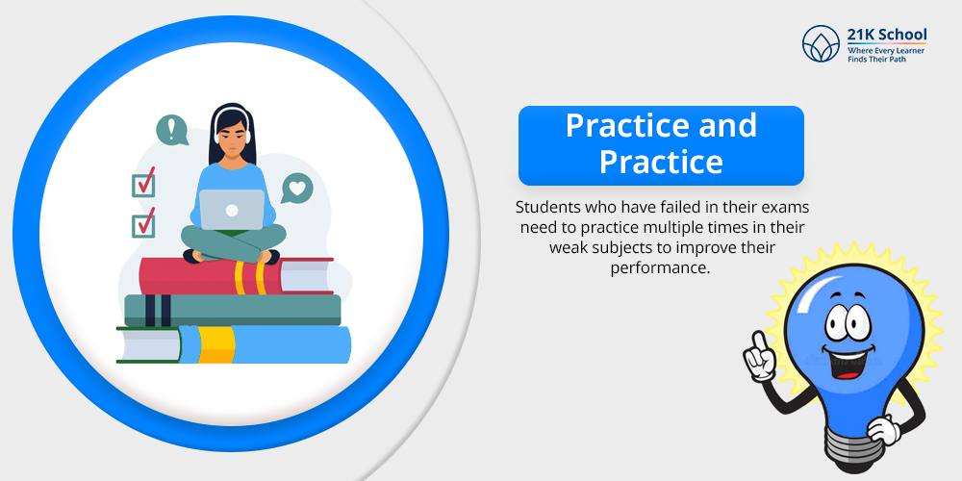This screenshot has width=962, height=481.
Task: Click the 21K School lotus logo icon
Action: point(821,43)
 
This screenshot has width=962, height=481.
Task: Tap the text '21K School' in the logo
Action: point(887,35)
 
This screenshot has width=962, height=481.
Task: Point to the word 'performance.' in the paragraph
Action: point(660,268)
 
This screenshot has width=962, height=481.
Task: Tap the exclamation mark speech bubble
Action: point(172,131)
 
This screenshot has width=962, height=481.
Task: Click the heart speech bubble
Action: point(297,189)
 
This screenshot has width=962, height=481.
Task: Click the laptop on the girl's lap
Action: point(232,210)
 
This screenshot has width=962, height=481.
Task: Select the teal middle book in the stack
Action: point(233,311)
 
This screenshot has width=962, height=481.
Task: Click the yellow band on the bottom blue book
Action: point(215,344)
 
